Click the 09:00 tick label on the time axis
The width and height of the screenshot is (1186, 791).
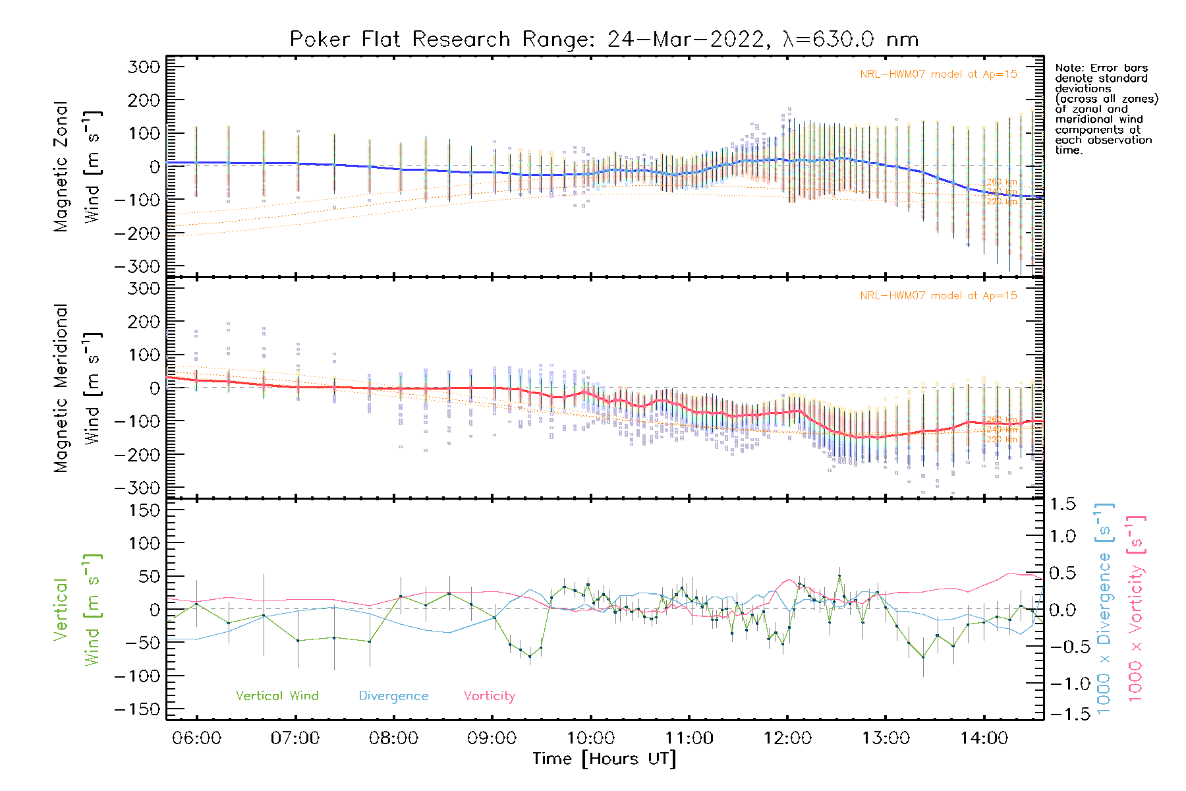pyautogui.click(x=492, y=738)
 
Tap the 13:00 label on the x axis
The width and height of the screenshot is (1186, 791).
pyautogui.click(x=886, y=738)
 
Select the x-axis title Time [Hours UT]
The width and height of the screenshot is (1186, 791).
pyautogui.click(x=604, y=759)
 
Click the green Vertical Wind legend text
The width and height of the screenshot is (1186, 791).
pyautogui.click(x=277, y=696)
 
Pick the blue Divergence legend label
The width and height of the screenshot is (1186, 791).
pyautogui.click(x=393, y=696)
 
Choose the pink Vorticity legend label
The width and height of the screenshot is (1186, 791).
pyautogui.click(x=489, y=696)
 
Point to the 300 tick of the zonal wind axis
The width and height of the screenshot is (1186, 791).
pyautogui.click(x=144, y=67)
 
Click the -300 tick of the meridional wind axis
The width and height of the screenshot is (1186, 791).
pyautogui.click(x=137, y=488)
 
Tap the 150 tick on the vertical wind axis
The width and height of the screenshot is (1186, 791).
pyautogui.click(x=144, y=510)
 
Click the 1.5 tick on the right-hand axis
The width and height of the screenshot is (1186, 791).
pyautogui.click(x=1063, y=504)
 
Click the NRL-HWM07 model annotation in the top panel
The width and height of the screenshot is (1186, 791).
pyautogui.click(x=938, y=74)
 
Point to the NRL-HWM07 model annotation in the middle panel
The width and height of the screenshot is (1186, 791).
pyautogui.click(x=938, y=296)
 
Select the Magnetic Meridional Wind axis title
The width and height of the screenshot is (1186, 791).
pyautogui.click(x=77, y=388)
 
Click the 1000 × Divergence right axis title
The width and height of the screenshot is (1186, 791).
pyautogui.click(x=1104, y=608)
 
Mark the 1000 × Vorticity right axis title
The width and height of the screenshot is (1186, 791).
pyautogui.click(x=1135, y=608)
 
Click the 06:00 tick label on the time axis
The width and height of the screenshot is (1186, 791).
pyautogui.click(x=196, y=738)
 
